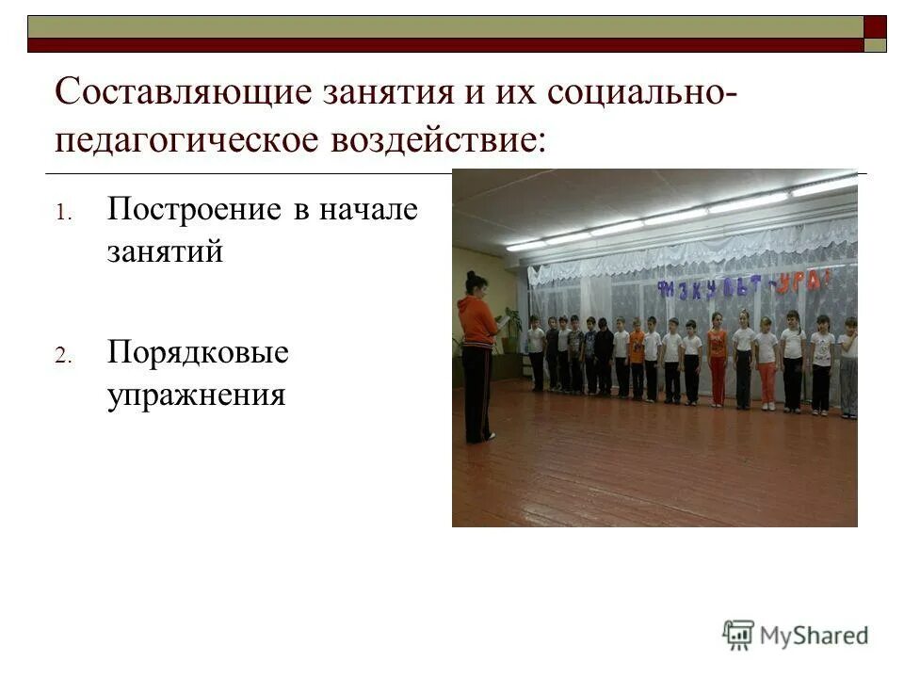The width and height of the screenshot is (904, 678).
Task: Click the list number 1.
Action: click(x=62, y=213)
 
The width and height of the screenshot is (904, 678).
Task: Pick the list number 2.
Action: click(x=62, y=357)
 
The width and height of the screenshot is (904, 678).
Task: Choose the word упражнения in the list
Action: click(x=196, y=395)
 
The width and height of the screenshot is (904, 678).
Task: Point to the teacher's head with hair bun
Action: click(x=476, y=282)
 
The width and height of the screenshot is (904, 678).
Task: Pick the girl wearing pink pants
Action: click(x=767, y=363)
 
